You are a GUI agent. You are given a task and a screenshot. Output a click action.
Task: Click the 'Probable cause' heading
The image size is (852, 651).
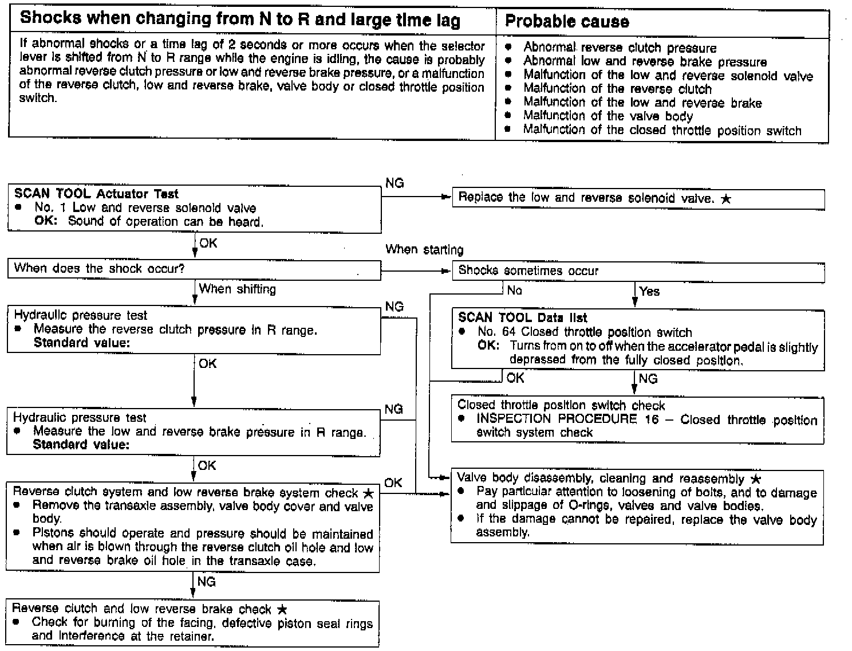click(x=566, y=22)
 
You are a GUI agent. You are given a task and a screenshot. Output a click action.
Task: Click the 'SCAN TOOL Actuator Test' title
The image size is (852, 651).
click(x=96, y=194)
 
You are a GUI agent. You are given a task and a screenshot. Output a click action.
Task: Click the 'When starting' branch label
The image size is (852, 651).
click(x=424, y=249)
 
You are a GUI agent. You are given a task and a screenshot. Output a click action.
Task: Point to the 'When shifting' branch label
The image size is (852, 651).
click(x=237, y=289)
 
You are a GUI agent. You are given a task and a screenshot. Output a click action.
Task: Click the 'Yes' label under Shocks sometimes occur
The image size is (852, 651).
click(x=649, y=291)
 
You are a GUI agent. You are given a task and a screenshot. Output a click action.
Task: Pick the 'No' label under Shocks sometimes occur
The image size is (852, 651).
click(x=514, y=291)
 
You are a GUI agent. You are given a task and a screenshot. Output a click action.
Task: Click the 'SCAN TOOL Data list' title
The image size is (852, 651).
click(x=522, y=318)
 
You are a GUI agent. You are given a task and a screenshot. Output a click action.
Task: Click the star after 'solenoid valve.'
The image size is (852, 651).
click(x=726, y=199)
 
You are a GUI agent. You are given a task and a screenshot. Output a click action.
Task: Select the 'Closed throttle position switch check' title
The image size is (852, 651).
click(x=561, y=406)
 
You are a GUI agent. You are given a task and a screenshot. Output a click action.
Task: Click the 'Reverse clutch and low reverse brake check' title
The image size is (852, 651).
click(x=141, y=609)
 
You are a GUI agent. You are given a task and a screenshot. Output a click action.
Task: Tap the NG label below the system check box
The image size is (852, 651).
click(x=206, y=582)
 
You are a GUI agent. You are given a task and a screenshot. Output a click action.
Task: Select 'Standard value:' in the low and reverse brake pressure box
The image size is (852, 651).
click(x=81, y=445)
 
